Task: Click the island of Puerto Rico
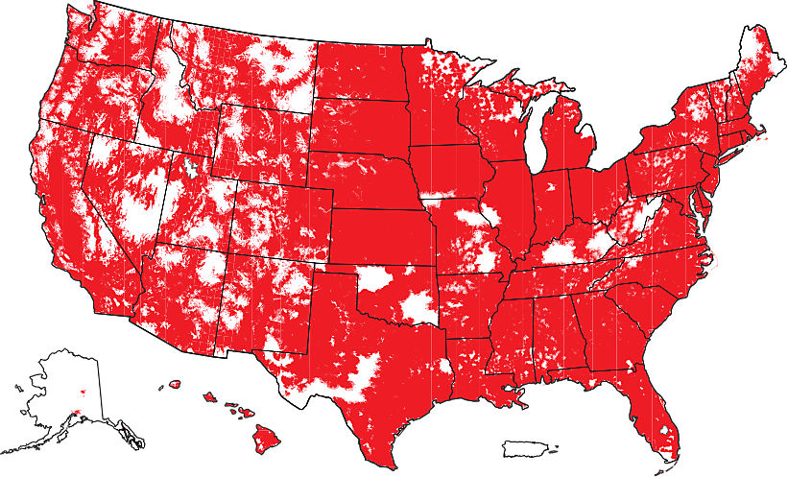click(x=527, y=447)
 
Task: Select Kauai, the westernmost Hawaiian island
click(x=175, y=385)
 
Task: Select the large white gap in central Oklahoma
click(x=418, y=307)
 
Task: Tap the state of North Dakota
click(x=359, y=72)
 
